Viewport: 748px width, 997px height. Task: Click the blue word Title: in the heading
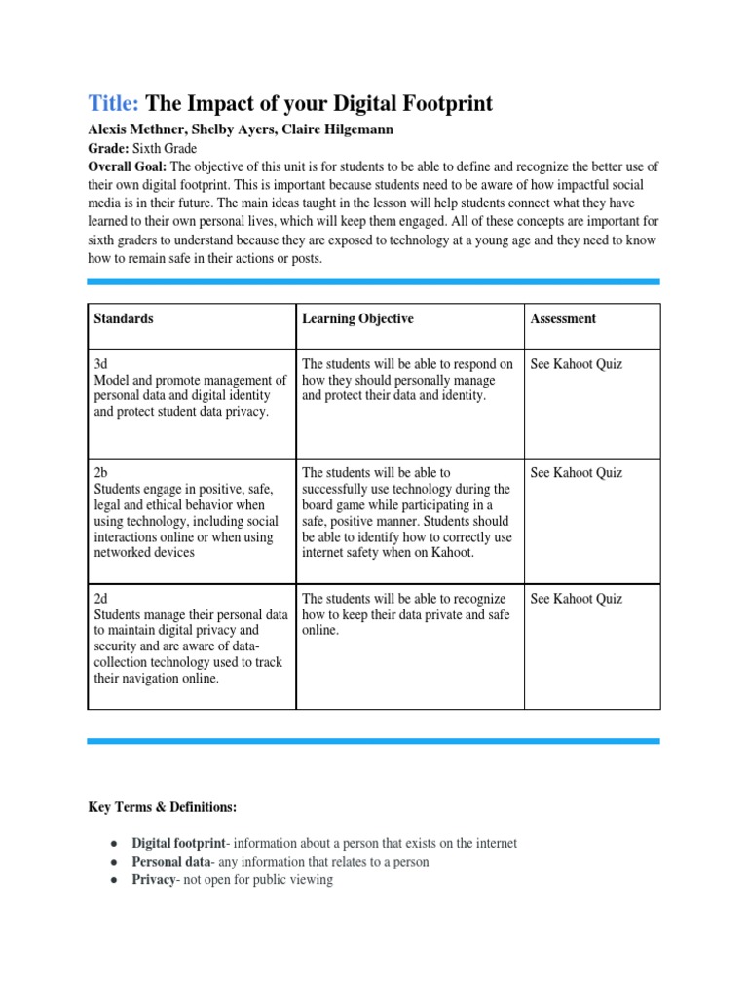(114, 104)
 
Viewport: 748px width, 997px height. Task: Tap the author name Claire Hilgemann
(326, 130)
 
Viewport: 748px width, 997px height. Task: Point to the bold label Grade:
(108, 149)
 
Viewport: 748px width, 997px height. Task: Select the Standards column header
(124, 318)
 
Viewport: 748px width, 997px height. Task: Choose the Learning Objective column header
(357, 318)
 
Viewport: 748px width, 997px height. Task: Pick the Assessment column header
(563, 318)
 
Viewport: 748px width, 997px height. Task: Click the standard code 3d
(100, 364)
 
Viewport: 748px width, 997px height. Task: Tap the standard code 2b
(100, 473)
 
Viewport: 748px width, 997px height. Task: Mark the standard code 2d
(100, 599)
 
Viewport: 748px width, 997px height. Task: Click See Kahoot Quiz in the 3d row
(576, 364)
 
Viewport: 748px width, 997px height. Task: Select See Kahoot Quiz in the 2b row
(576, 473)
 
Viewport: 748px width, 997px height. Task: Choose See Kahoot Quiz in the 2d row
(576, 599)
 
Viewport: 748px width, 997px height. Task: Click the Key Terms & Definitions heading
(163, 808)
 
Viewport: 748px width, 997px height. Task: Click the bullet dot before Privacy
(114, 880)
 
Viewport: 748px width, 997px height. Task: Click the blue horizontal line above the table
(373, 282)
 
